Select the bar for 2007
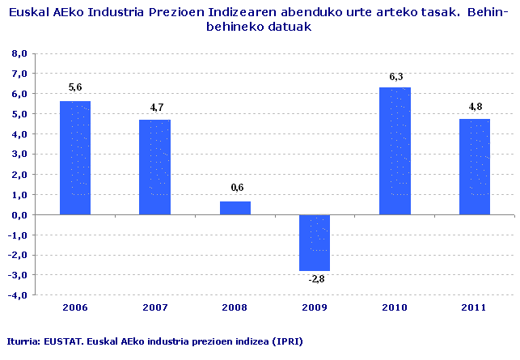(x=154, y=167)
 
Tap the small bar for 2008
(x=235, y=208)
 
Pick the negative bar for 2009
(x=315, y=243)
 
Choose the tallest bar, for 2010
(x=395, y=150)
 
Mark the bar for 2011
(x=475, y=166)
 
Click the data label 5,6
(x=74, y=87)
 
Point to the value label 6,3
(x=395, y=76)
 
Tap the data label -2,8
(x=315, y=279)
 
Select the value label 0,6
(x=235, y=188)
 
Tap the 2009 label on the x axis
(x=315, y=309)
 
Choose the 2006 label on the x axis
(x=74, y=309)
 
